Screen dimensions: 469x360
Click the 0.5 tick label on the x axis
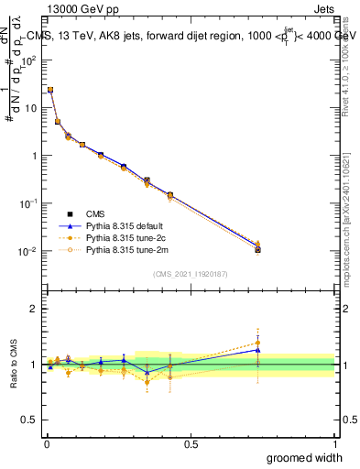(x=191, y=443)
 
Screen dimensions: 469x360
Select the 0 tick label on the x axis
(x=46, y=443)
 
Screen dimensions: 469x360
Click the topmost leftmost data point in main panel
(x=50, y=90)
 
